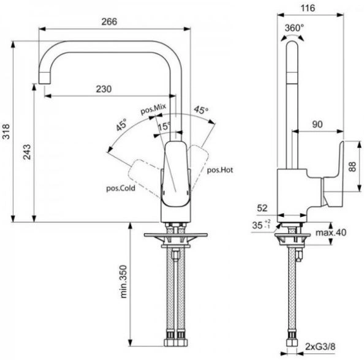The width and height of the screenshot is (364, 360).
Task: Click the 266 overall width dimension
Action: click(109, 22)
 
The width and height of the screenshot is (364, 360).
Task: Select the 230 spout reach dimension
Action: click(104, 89)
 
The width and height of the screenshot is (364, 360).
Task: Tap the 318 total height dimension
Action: click(6, 132)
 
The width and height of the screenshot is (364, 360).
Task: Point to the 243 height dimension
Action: click(27, 152)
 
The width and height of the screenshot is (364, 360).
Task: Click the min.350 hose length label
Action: click(123, 282)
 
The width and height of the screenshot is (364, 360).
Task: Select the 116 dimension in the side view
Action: click(308, 9)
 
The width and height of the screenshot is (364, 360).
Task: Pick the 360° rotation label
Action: click(294, 28)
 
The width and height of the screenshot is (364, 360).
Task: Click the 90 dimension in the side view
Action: click(317, 124)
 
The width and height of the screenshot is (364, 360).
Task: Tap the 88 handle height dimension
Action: click(352, 167)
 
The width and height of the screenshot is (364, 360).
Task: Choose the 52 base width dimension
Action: click(262, 208)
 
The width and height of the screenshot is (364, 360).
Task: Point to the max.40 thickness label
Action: click(331, 233)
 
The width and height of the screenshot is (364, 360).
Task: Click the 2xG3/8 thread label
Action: click(320, 347)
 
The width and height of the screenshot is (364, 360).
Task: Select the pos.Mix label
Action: click(153, 109)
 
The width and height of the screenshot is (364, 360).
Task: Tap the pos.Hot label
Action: click(220, 170)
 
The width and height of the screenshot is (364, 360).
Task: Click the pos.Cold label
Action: click(121, 188)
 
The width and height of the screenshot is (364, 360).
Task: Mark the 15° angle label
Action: click(164, 126)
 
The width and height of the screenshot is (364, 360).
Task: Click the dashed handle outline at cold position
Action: click(144, 178)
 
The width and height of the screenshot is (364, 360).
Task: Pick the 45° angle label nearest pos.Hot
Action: click(201, 110)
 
